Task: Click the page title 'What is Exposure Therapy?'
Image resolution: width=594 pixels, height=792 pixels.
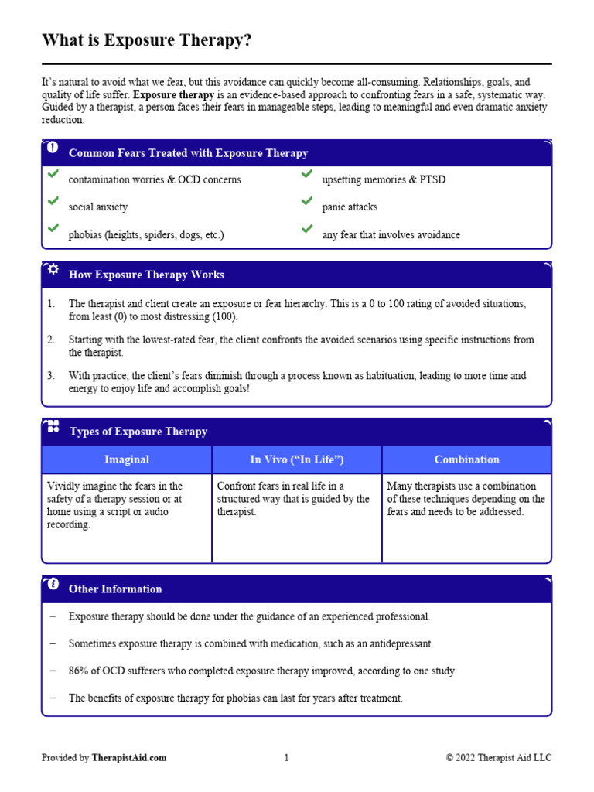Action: [146, 40]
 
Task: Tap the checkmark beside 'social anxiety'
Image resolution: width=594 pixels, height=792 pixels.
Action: [53, 200]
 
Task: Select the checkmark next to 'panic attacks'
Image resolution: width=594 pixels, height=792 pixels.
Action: [307, 200]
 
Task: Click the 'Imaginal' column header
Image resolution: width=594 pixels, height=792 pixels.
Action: [127, 459]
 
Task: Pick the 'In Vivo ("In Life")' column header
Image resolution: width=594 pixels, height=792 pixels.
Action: [297, 459]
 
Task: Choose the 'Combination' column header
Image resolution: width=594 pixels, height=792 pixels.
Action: [467, 459]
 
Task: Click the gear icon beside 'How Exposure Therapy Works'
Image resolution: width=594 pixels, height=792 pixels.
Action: [53, 270]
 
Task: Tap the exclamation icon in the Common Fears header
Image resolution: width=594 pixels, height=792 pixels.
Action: [53, 147]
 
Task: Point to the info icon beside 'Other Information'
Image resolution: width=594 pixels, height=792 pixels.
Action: [53, 584]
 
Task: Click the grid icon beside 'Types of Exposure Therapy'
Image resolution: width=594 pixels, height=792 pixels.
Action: [53, 426]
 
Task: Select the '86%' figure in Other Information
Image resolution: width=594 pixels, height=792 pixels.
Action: [79, 671]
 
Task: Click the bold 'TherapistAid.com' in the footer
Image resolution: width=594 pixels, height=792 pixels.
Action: [128, 758]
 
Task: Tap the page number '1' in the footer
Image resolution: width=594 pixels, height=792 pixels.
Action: [286, 758]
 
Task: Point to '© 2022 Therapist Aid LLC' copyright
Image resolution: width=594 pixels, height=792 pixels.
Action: [499, 758]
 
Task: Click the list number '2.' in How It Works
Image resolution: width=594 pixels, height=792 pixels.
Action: [51, 340]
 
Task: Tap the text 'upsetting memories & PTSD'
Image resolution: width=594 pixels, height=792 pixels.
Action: [384, 179]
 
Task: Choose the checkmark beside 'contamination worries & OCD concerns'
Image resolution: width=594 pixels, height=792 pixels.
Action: [53, 173]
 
